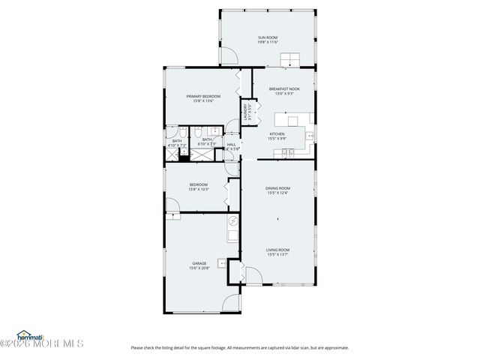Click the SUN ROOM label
click(268, 37)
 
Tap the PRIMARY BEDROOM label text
click(204, 96)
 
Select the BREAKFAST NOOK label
click(284, 88)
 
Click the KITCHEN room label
click(277, 133)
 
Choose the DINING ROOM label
click(277, 187)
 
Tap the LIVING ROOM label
click(277, 250)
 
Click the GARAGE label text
click(199, 263)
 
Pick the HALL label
click(231, 144)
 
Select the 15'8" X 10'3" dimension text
click(199, 189)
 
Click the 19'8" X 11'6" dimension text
click(268, 42)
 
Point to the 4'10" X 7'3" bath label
click(177, 145)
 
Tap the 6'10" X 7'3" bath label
click(207, 144)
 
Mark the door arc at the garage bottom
click(232, 303)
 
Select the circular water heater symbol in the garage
click(232, 220)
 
